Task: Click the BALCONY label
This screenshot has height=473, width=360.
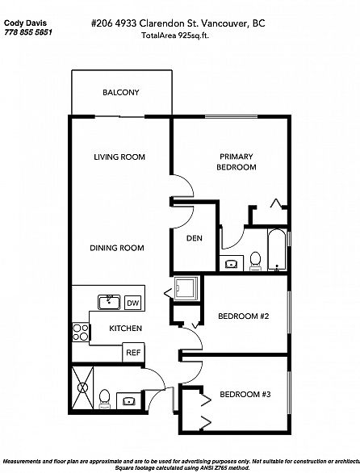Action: pyautogui.click(x=121, y=92)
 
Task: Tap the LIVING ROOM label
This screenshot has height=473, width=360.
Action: pyautogui.click(x=119, y=157)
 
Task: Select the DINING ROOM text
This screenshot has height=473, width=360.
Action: pyautogui.click(x=117, y=248)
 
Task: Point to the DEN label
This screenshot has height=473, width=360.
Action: pyautogui.click(x=195, y=238)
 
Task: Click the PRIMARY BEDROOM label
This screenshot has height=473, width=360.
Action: pyautogui.click(x=237, y=161)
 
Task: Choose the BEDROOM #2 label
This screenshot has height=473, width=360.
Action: pyautogui.click(x=244, y=316)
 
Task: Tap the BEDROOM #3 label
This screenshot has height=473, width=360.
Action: pyautogui.click(x=245, y=394)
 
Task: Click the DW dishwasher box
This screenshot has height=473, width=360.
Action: pyautogui.click(x=132, y=303)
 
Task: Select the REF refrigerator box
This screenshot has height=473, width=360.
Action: pyautogui.click(x=133, y=353)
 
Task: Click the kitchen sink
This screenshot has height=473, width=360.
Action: pyautogui.click(x=109, y=302)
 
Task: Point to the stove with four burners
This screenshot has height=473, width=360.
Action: pyautogui.click(x=81, y=332)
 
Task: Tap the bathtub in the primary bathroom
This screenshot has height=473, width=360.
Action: pyautogui.click(x=277, y=249)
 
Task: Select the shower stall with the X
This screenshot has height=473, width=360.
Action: pyautogui.click(x=82, y=387)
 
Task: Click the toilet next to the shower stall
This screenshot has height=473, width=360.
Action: pyautogui.click(x=105, y=399)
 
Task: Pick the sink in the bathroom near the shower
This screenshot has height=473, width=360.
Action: pyautogui.click(x=129, y=401)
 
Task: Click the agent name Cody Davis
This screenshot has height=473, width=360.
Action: pyautogui.click(x=25, y=23)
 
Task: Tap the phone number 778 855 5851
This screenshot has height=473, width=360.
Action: pyautogui.click(x=28, y=32)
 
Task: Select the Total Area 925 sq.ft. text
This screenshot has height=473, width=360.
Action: pyautogui.click(x=175, y=36)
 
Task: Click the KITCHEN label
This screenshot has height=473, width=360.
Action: pyautogui.click(x=126, y=329)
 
